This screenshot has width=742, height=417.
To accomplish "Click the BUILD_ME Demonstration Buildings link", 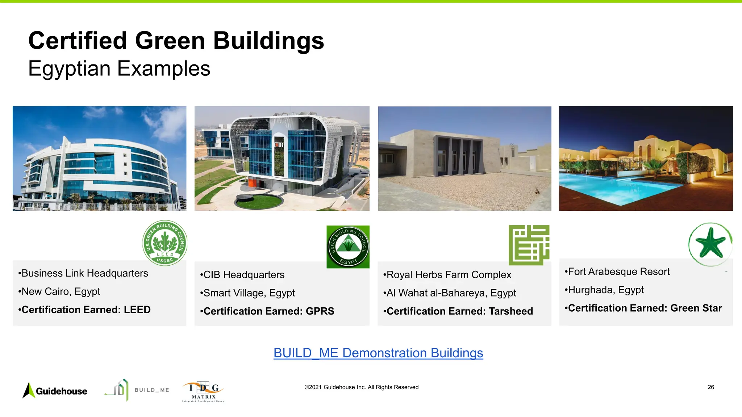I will point(378,353).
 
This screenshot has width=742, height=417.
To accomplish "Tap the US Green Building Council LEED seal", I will point(165,243).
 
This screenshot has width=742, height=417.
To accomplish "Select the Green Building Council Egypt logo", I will point(348,247).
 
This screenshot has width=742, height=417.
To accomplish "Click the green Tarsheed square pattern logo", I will point(529,245).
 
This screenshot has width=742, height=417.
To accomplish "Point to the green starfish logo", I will point(710,244).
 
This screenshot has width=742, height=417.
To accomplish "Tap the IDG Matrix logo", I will point(203,391).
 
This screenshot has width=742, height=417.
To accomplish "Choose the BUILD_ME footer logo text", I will point(152,390).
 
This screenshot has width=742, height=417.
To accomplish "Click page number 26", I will point(711,387).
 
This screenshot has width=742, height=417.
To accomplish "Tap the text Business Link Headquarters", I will point(85,273).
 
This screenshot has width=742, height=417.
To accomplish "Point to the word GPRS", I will point(320,311).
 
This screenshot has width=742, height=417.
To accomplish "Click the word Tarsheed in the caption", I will point(511,311).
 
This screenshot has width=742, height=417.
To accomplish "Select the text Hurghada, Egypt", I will point(606,290).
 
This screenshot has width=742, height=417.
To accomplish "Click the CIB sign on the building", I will point(279,145).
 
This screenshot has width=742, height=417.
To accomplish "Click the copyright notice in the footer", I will point(361,387).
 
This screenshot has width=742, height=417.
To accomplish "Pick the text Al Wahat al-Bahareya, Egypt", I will point(451,293).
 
